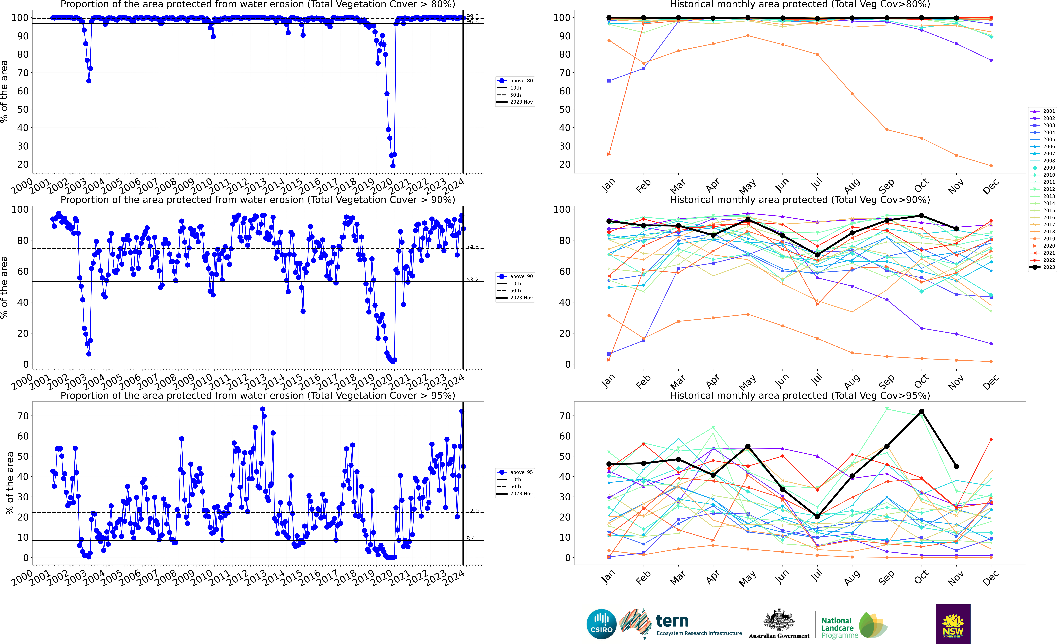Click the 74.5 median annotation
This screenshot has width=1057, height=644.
pyautogui.click(x=472, y=247)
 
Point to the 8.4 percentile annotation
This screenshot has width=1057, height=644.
pyautogui.click(x=471, y=538)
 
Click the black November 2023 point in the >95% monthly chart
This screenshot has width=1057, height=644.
pyautogui.click(x=956, y=466)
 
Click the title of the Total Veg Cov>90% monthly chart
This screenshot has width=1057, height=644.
pyautogui.click(x=800, y=200)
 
